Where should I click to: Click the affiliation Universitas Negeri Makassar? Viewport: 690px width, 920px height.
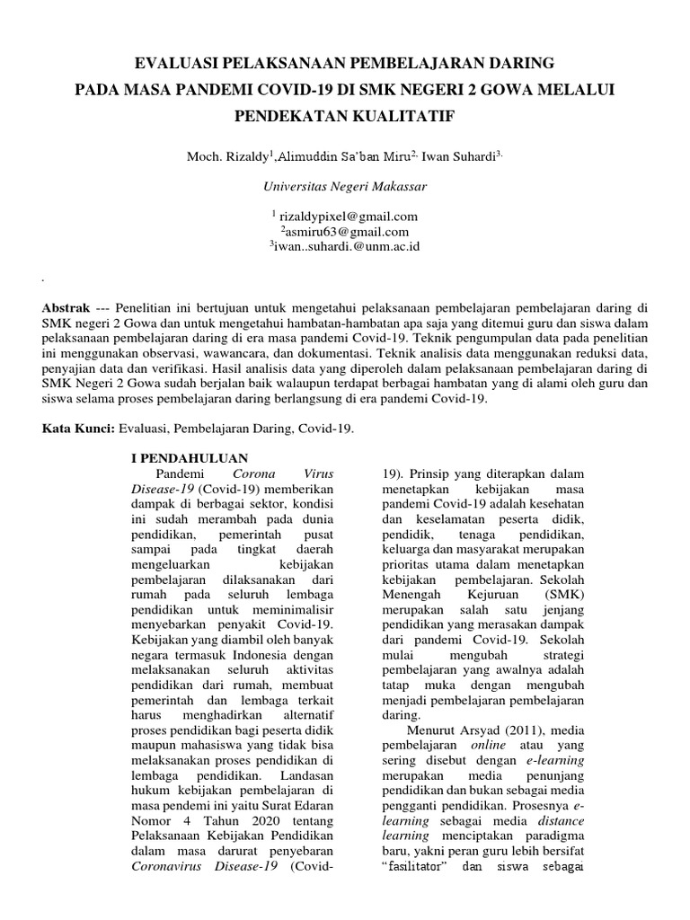345,187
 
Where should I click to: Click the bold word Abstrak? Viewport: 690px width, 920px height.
67,306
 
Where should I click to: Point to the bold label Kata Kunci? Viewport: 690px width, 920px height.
76,429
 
